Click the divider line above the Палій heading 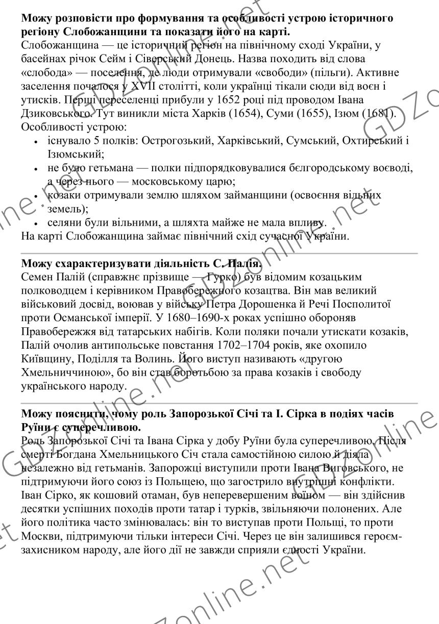(219, 253)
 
